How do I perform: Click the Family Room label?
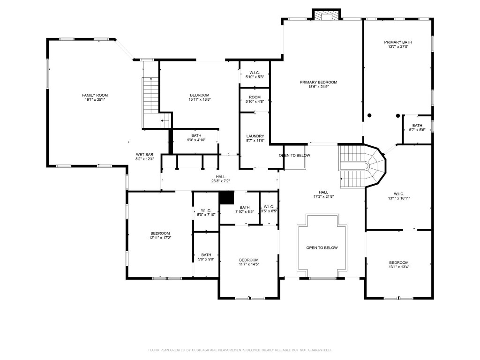(x=92, y=95)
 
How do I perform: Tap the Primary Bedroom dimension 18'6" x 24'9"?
(x=318, y=87)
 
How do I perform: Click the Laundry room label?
(x=255, y=136)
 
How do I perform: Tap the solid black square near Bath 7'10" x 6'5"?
(x=227, y=197)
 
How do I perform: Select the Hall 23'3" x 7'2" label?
(x=220, y=177)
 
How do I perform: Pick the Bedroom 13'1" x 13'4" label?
(x=398, y=262)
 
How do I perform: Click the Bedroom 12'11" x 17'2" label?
(x=160, y=233)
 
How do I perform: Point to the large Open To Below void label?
(x=322, y=248)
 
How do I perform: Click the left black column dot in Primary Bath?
(x=369, y=115)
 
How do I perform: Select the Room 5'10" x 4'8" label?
(x=255, y=97)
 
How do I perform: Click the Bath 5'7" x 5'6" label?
(x=417, y=125)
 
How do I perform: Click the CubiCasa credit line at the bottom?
(x=240, y=350)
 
